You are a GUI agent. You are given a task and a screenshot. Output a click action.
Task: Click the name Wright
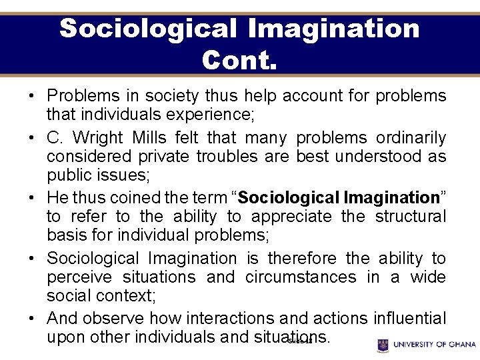[x=97, y=138]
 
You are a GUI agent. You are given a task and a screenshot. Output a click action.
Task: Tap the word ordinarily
[x=411, y=138]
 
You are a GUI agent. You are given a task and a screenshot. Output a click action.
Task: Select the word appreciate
[x=291, y=217]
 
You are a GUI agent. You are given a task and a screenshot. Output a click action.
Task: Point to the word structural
[x=411, y=217]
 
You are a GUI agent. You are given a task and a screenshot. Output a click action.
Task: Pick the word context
[x=125, y=295]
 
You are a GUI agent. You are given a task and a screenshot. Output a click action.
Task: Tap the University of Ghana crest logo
[x=383, y=345]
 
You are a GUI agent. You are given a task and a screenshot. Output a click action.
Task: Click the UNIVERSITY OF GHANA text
[x=435, y=345]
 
